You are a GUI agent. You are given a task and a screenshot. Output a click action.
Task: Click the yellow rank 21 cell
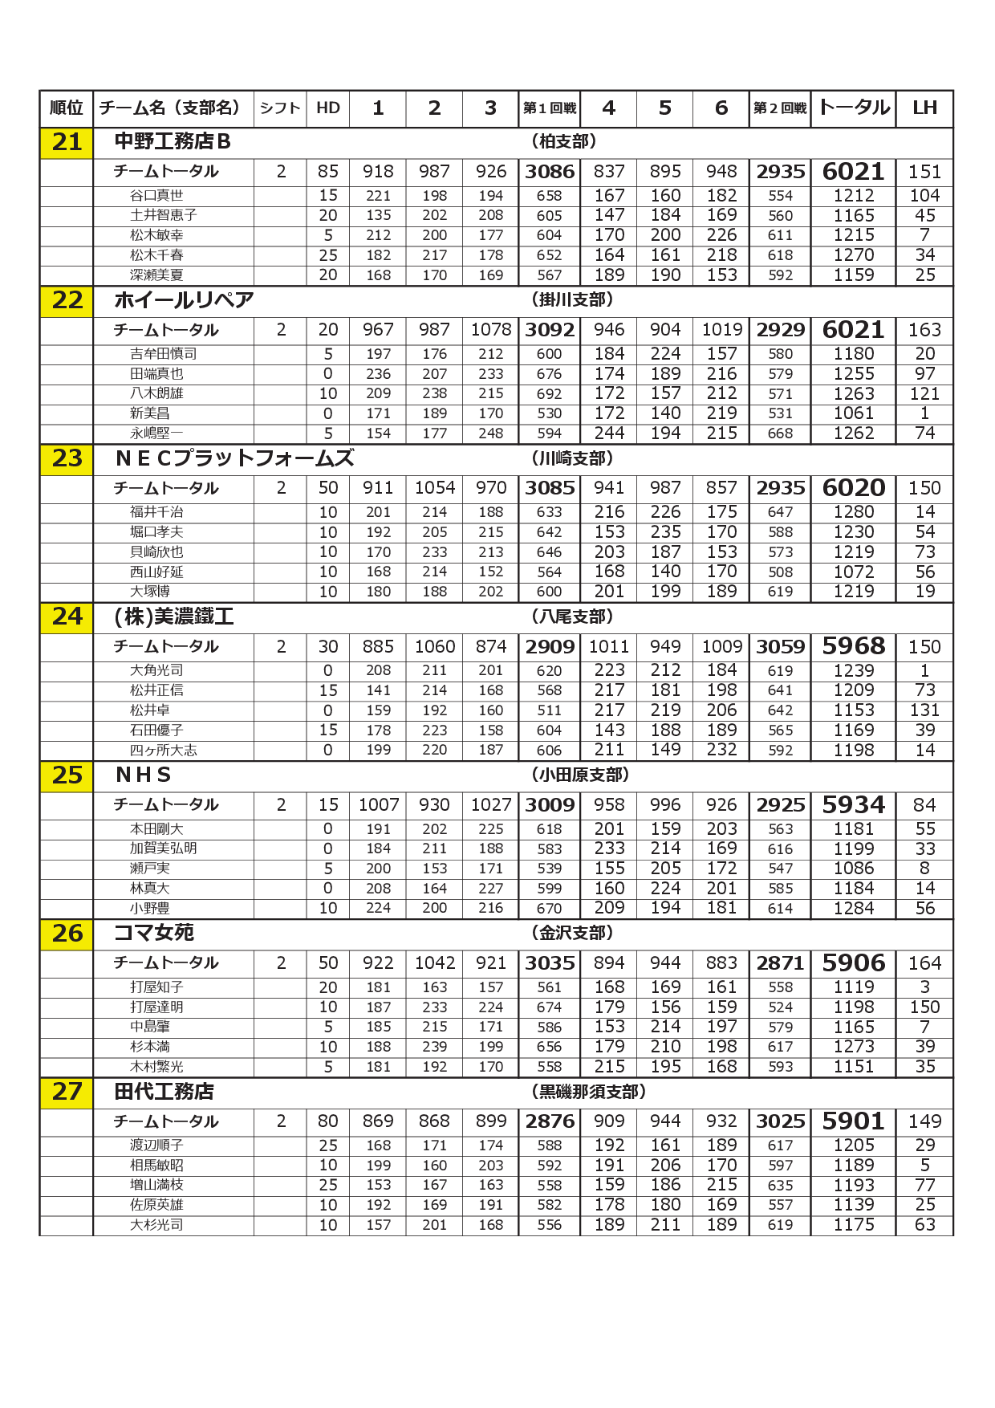pyautogui.click(x=67, y=143)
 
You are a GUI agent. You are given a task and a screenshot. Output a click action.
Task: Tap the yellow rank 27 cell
pyautogui.click(x=67, y=1092)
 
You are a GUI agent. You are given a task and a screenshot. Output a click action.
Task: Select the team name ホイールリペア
pyautogui.click(x=184, y=300)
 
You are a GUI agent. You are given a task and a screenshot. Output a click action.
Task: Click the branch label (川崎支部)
pyautogui.click(x=572, y=458)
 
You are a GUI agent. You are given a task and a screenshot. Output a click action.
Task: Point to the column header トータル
pyautogui.click(x=853, y=108)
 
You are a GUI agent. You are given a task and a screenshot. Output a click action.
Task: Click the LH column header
pyautogui.click(x=924, y=108)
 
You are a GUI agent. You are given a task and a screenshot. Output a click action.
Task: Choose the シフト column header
pyautogui.click(x=279, y=108)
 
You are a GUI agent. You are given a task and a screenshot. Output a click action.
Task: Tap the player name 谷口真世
pyautogui.click(x=156, y=195)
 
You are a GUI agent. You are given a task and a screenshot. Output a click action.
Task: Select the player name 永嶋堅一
pyautogui.click(x=156, y=433)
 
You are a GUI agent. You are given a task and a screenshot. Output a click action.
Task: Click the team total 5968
pyautogui.click(x=853, y=646)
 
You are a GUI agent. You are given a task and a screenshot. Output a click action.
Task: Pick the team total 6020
pyautogui.click(x=853, y=488)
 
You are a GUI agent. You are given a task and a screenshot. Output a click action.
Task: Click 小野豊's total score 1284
pyautogui.click(x=853, y=908)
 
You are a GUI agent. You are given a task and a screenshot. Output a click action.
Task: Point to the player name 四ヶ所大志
pyautogui.click(x=163, y=750)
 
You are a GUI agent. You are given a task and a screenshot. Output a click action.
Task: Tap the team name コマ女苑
pyautogui.click(x=154, y=933)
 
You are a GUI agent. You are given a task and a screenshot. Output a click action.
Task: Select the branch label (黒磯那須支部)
pyautogui.click(x=588, y=1092)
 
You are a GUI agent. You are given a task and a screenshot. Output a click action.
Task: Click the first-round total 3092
pyautogui.click(x=550, y=330)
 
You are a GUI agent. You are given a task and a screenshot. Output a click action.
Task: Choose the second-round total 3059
pyautogui.click(x=780, y=646)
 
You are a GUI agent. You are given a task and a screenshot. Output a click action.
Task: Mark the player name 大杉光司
pyautogui.click(x=156, y=1225)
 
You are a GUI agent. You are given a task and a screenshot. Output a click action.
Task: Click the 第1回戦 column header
pyautogui.click(x=550, y=108)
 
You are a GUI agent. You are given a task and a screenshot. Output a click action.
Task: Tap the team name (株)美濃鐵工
pyautogui.click(x=174, y=617)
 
